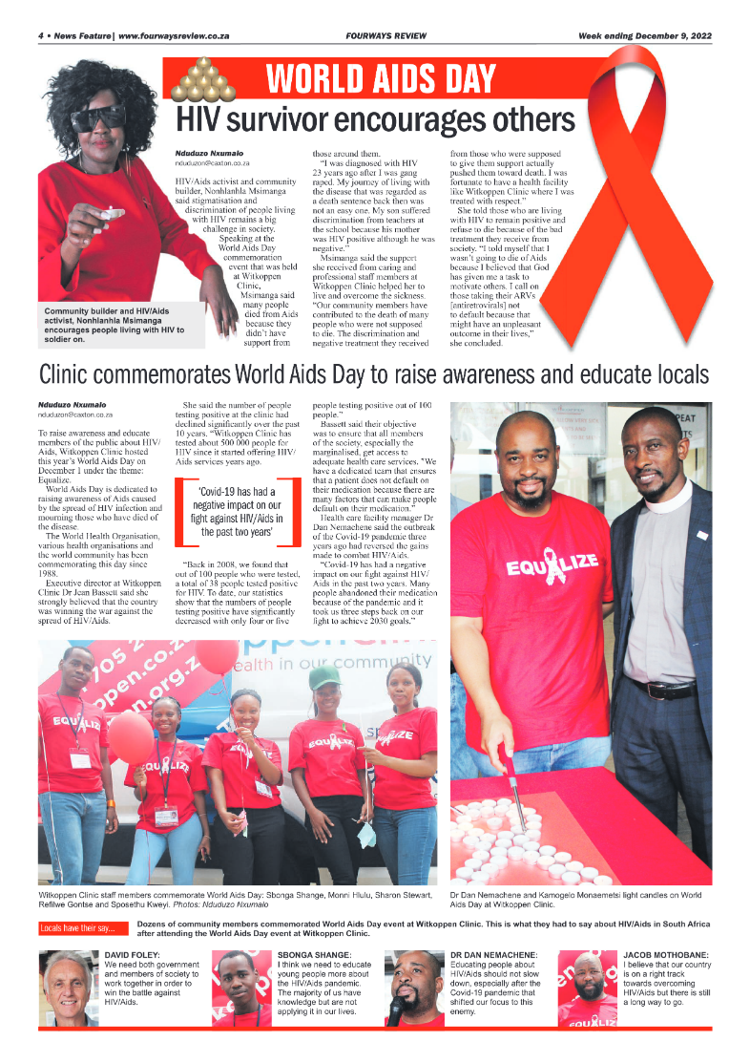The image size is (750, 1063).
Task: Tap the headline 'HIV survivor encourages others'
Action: [376, 121]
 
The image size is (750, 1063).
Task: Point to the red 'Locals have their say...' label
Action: [77, 927]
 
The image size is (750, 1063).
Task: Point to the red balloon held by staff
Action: [131, 736]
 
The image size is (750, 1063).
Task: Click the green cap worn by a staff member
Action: [325, 676]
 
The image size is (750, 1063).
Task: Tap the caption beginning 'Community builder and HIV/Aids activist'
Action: [108, 322]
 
